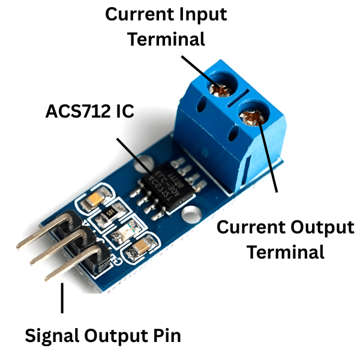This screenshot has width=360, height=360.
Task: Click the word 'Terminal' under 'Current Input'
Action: coord(167,39)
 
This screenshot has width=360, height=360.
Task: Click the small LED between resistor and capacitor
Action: coord(127,229)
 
